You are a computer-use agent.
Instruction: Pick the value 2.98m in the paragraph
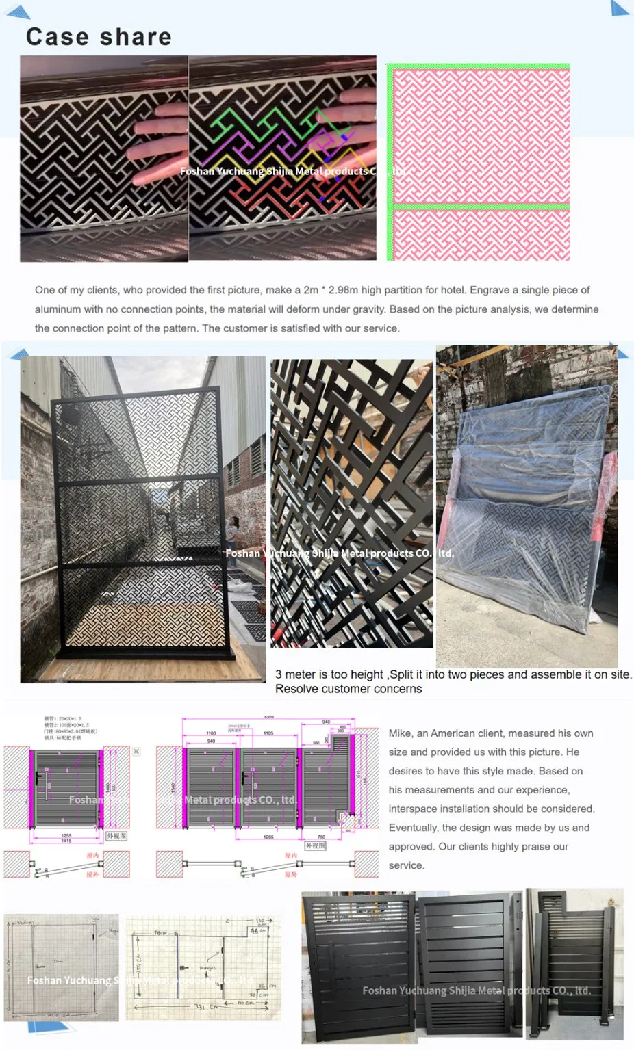click(343, 290)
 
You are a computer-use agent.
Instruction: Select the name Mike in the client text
click(401, 733)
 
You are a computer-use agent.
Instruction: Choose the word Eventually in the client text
click(413, 828)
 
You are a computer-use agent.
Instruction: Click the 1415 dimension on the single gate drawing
click(66, 841)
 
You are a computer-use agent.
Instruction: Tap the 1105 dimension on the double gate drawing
click(268, 733)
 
